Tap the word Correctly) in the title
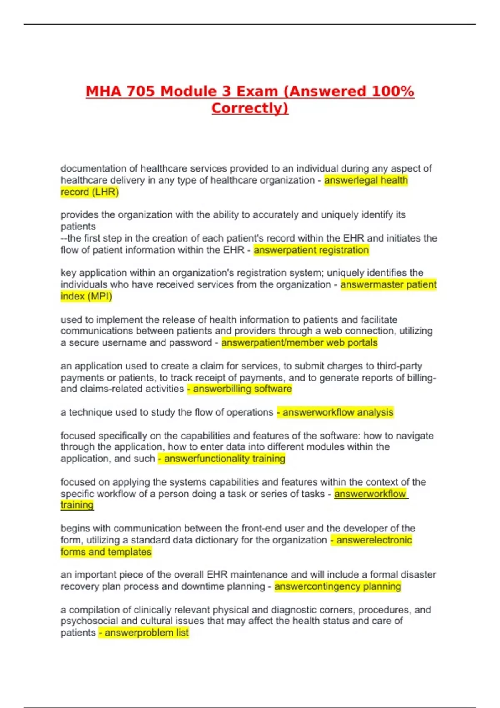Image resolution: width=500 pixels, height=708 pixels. click(250, 108)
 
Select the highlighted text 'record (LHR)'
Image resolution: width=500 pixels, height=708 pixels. click(90, 192)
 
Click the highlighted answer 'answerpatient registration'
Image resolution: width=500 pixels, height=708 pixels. click(311, 250)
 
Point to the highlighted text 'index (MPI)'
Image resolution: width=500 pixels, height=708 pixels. click(86, 296)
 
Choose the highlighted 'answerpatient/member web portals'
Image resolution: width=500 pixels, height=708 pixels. click(299, 342)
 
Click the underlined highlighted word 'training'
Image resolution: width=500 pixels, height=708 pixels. click(77, 505)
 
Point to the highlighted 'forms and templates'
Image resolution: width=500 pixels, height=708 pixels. click(106, 552)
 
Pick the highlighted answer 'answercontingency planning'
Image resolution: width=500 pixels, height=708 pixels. click(337, 586)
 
